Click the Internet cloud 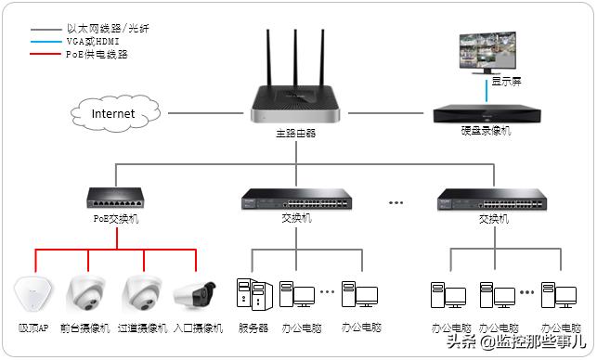point(112,113)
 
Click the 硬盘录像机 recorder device point(484,114)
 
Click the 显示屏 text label point(507,82)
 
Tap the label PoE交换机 point(116,220)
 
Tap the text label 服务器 point(253,328)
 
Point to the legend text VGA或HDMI point(94,43)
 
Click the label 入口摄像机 point(200,328)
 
